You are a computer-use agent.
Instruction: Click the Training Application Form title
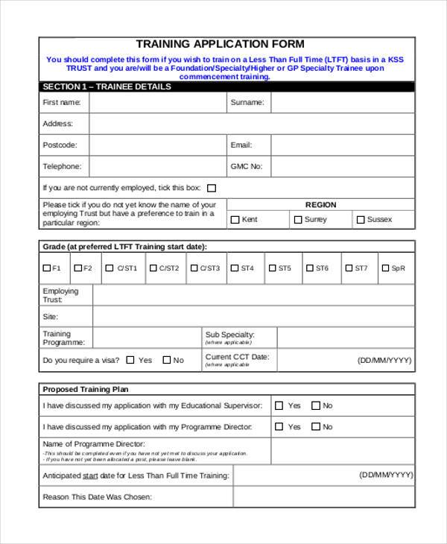(x=220, y=44)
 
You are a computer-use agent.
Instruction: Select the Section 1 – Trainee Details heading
(x=107, y=86)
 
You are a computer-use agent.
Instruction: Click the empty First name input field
(x=157, y=103)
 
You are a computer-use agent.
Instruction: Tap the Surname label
(x=246, y=103)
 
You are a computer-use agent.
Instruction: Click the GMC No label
(x=247, y=167)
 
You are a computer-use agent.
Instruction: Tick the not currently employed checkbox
(x=212, y=189)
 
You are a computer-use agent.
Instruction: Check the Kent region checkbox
(x=235, y=220)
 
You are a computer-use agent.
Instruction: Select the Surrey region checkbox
(x=297, y=220)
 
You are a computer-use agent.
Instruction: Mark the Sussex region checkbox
(x=361, y=220)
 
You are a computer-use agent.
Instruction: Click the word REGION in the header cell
(x=320, y=205)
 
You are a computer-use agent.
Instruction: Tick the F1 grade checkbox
(x=47, y=268)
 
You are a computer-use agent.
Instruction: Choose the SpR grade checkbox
(x=384, y=268)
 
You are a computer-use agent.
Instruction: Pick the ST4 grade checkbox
(x=234, y=268)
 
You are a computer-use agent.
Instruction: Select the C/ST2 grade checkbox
(x=153, y=268)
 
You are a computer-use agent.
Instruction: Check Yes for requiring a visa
(x=130, y=360)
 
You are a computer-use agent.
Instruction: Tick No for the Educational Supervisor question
(x=315, y=406)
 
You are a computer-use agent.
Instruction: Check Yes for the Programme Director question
(x=279, y=427)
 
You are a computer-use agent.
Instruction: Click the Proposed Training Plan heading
(x=86, y=389)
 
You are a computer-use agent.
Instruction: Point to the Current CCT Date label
(x=237, y=357)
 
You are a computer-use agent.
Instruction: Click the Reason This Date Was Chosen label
(x=97, y=497)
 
